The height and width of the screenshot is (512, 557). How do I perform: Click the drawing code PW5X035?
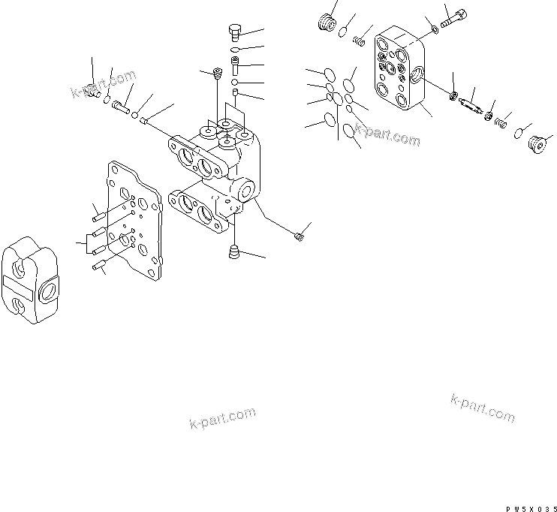pyautogui.click(x=530, y=507)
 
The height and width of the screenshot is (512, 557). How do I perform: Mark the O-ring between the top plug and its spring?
pyautogui.click(x=342, y=31)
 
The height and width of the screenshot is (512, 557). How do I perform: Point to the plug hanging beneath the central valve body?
pyautogui.click(x=233, y=252)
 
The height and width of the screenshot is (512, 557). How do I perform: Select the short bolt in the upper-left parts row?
pyautogui.click(x=122, y=108)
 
